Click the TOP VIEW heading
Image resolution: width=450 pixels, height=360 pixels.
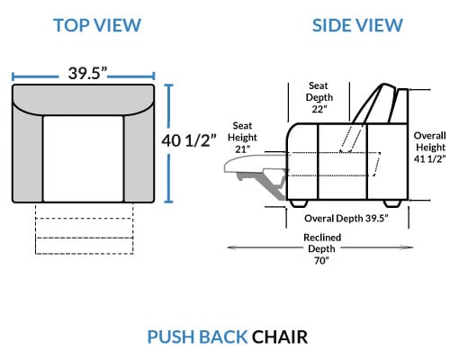pyautogui.click(x=97, y=25)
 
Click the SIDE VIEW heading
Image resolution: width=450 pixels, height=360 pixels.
pyautogui.click(x=357, y=25)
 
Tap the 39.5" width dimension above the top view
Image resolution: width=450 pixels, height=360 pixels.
pyautogui.click(x=87, y=73)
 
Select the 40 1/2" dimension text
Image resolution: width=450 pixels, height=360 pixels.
pyautogui.click(x=189, y=140)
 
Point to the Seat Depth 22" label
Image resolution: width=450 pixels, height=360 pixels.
pyautogui.click(x=319, y=97)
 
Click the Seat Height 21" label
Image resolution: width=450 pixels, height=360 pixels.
pyautogui.click(x=242, y=138)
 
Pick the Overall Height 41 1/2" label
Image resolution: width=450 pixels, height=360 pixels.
pyautogui.click(x=429, y=148)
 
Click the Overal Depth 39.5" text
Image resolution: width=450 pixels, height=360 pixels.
pyautogui.click(x=346, y=219)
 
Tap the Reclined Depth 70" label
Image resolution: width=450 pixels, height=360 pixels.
pyautogui.click(x=322, y=249)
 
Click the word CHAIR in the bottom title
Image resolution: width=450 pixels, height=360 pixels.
pyautogui.click(x=280, y=337)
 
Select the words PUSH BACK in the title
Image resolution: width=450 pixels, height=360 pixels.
pyautogui.click(x=197, y=337)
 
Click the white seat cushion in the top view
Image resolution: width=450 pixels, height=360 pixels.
pyautogui.click(x=83, y=158)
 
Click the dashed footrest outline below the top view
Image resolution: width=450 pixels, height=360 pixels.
pyautogui.click(x=85, y=229)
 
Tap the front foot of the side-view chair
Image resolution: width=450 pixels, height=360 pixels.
pyautogui.click(x=299, y=203)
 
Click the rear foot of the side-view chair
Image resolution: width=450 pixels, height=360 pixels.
pyautogui.click(x=392, y=203)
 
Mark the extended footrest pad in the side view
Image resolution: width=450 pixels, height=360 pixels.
pyautogui.click(x=255, y=164)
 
